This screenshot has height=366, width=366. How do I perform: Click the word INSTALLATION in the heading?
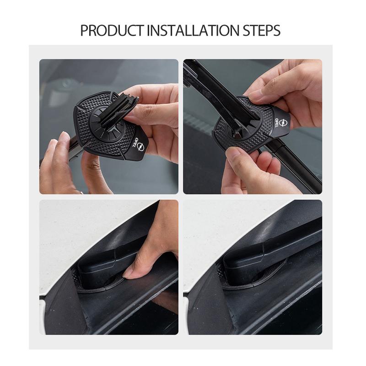(186, 31)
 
